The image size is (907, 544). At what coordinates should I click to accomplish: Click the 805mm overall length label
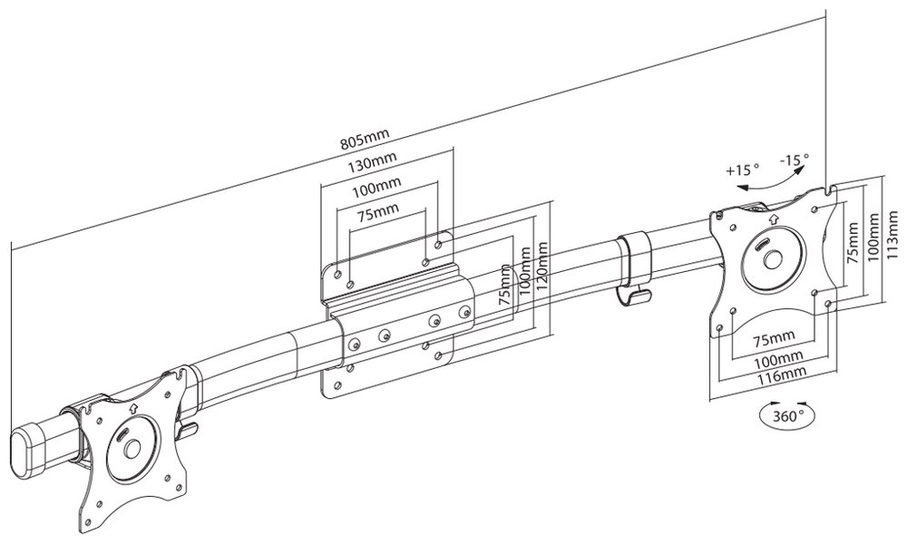(364, 141)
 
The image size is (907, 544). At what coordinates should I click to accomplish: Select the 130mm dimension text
(373, 166)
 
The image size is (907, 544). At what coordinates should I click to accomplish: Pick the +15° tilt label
(743, 170)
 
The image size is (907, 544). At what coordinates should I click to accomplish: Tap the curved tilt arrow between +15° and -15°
(767, 182)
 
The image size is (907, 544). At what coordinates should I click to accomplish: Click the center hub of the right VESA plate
(773, 258)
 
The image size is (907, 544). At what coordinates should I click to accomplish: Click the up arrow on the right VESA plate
(772, 219)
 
